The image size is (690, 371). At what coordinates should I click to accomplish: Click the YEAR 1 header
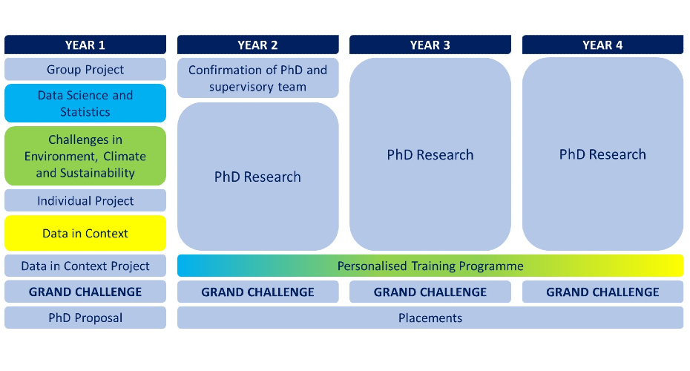(85, 45)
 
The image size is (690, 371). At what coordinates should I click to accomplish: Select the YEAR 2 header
(258, 45)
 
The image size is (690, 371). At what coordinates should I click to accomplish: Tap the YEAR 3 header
(430, 45)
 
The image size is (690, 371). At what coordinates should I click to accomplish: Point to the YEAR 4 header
(603, 45)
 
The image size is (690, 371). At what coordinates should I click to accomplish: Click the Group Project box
(85, 69)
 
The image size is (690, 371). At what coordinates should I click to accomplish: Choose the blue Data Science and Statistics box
(85, 103)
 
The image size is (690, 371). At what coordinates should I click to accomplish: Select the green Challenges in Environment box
(85, 156)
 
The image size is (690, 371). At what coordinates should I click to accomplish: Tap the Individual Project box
(85, 200)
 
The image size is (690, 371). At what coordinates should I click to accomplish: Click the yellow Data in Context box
(85, 233)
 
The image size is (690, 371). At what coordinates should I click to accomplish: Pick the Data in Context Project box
(85, 266)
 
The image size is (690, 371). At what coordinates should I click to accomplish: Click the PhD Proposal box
(85, 318)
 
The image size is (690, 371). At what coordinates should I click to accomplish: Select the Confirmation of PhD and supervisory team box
(258, 78)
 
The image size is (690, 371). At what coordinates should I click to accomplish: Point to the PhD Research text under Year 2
(258, 177)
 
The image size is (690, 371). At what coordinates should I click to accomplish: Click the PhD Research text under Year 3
(430, 154)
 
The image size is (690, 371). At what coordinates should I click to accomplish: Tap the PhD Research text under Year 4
(603, 154)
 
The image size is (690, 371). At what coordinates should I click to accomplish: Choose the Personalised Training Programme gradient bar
(430, 266)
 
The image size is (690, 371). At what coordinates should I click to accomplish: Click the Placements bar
(430, 318)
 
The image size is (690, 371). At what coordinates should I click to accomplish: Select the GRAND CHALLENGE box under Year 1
(85, 292)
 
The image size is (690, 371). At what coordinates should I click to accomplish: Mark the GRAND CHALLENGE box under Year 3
(430, 292)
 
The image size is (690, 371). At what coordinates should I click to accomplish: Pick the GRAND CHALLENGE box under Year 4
(603, 292)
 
